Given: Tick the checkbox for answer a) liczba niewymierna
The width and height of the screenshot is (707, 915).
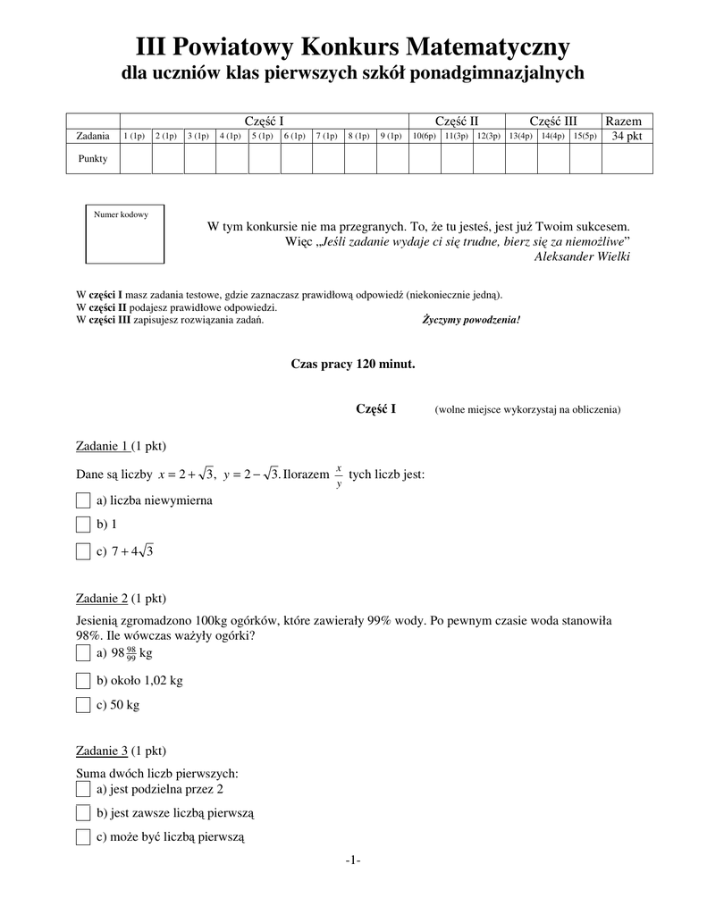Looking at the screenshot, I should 83,500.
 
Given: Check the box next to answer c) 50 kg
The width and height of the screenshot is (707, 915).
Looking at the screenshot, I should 83,705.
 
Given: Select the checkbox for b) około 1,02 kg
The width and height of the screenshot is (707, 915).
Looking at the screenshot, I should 83,681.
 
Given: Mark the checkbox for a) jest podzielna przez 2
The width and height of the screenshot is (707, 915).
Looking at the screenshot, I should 83,789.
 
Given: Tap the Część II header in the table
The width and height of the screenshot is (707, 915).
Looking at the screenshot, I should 457,121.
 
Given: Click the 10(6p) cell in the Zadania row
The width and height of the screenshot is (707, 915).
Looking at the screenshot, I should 424,136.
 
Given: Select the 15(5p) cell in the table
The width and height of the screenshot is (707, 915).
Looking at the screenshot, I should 585,136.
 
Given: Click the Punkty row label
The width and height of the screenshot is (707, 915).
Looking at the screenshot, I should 94,158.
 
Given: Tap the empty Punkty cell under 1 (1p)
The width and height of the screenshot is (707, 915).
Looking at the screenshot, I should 136,158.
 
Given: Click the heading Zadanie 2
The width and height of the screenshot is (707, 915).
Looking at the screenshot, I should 101,598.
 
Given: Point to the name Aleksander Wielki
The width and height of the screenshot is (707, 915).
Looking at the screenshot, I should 581,257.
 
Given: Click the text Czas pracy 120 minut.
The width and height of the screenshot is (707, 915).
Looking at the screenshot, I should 353,365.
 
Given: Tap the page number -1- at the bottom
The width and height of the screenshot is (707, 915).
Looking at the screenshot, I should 353,860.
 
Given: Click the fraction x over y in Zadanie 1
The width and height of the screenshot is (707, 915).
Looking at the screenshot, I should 339,475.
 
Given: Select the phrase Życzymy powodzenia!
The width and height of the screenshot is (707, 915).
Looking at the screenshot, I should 471,320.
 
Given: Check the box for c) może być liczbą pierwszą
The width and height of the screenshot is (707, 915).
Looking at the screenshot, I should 83,837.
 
